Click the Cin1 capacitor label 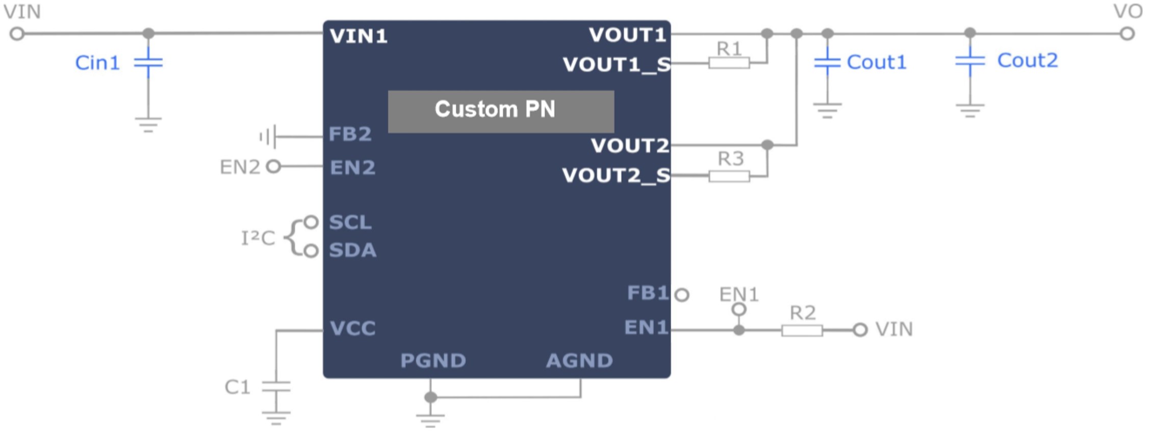tap(97, 63)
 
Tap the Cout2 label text tap(1027, 61)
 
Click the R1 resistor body tap(729, 63)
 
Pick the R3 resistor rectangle tap(729, 176)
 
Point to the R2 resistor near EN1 tap(802, 330)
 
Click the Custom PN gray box tap(501, 112)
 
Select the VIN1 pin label tap(359, 36)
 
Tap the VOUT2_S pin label tap(616, 176)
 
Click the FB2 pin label tap(350, 134)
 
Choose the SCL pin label tap(350, 223)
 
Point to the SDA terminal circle tap(311, 251)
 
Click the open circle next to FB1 tap(682, 295)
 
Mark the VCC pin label tap(352, 328)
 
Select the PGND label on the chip tap(433, 361)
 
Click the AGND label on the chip tap(579, 361)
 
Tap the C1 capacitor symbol tap(276, 387)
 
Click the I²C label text tap(258, 238)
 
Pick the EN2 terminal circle tap(274, 167)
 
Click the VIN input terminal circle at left tap(17, 34)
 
